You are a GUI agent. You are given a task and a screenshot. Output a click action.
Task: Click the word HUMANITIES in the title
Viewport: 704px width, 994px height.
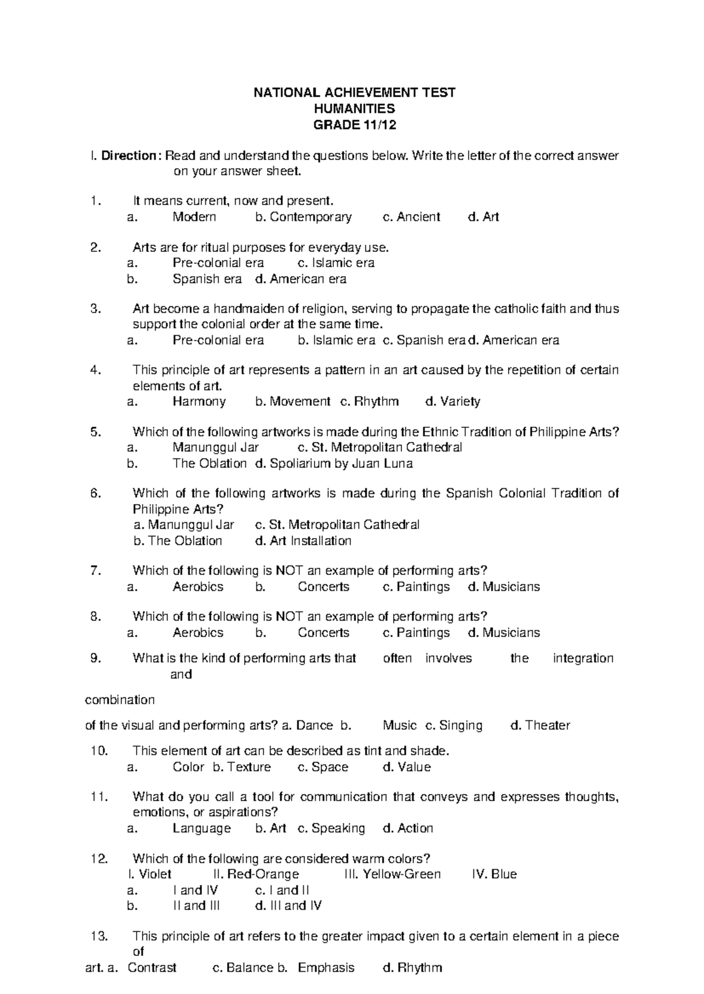point(354,108)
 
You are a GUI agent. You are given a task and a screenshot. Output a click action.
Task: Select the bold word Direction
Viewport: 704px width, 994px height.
point(128,156)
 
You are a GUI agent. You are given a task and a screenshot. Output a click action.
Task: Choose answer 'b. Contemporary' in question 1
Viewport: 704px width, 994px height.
point(303,217)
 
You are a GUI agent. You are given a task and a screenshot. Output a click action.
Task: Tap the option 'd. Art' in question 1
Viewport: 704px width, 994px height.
point(483,217)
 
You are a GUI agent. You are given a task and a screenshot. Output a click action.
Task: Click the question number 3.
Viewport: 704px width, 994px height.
point(97,309)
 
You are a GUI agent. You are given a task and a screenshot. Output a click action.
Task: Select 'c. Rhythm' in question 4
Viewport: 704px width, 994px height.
point(369,401)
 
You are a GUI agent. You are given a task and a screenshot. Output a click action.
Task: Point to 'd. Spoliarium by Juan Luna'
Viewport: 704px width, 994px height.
point(334,464)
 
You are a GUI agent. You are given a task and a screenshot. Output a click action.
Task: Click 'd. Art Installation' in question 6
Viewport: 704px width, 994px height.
point(303,541)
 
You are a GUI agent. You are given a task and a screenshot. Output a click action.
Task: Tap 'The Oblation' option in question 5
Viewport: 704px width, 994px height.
point(209,464)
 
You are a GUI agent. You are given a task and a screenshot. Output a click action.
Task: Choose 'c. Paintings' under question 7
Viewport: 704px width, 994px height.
point(416,587)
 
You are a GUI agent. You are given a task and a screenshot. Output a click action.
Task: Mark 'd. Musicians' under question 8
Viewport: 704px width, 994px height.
point(504,633)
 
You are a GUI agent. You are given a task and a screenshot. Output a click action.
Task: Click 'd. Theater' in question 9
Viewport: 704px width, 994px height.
point(540,726)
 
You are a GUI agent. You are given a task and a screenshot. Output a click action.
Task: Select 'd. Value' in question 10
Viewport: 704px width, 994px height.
point(407,767)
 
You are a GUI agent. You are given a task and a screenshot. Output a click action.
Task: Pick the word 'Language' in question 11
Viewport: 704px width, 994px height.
point(202,828)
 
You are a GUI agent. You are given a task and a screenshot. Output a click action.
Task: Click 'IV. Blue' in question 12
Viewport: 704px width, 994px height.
point(494,874)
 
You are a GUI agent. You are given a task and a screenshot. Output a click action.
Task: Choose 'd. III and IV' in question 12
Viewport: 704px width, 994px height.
point(289,906)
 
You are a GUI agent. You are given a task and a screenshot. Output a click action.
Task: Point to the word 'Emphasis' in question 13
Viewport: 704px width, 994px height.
point(326,968)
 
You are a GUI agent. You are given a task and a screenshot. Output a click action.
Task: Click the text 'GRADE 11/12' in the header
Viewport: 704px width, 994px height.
point(354,124)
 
